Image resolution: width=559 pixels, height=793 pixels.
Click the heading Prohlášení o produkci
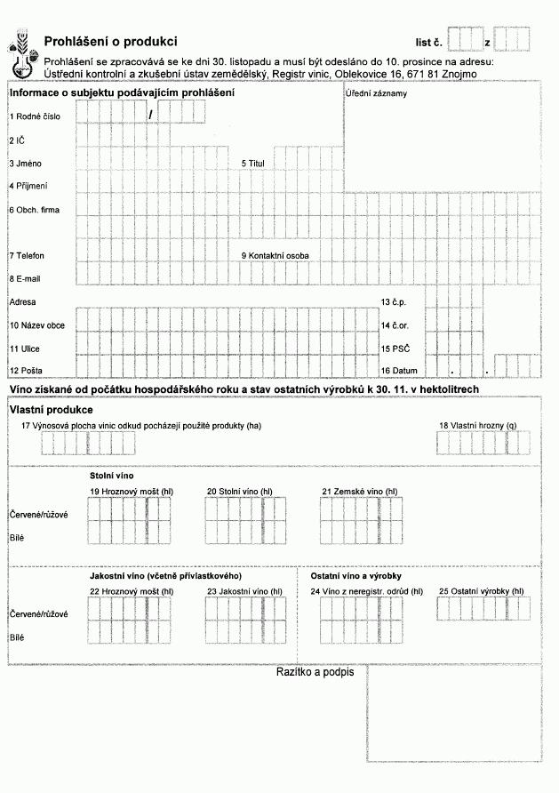click(x=110, y=42)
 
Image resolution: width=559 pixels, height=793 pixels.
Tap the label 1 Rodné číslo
click(x=36, y=116)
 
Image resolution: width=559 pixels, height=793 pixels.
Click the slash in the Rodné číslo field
click(x=152, y=114)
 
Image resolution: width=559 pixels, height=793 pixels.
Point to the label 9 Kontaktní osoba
click(x=276, y=256)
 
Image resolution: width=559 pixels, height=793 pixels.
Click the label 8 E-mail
click(x=25, y=279)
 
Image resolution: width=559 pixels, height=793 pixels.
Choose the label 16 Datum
click(x=399, y=370)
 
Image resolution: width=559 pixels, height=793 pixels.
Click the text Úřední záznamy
click(x=371, y=94)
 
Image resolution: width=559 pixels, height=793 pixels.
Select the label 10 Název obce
click(x=36, y=325)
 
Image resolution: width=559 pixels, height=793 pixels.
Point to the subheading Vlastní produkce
click(x=51, y=410)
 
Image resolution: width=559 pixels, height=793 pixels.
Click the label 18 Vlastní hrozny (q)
click(x=477, y=426)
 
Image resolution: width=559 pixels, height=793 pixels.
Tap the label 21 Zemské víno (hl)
click(x=360, y=492)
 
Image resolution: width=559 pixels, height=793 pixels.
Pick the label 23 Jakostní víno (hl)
click(x=244, y=591)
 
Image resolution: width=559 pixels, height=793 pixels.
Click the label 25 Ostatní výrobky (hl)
click(x=481, y=590)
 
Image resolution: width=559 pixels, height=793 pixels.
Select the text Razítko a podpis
click(x=315, y=672)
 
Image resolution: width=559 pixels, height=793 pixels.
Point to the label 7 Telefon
click(x=27, y=256)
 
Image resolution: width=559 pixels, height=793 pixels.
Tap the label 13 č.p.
click(x=393, y=302)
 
